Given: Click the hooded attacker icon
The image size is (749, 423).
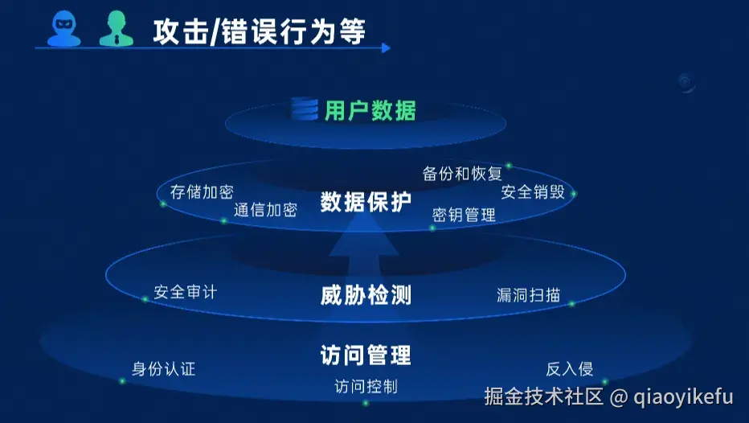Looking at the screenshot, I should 64,29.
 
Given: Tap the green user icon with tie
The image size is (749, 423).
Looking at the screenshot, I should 115,29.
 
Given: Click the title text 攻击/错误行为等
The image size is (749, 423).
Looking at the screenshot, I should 259,31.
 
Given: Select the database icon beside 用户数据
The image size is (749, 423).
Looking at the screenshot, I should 305,109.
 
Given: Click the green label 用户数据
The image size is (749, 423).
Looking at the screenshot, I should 370,110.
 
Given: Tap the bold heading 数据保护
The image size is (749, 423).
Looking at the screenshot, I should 366,202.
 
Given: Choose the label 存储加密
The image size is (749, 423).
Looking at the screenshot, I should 202,191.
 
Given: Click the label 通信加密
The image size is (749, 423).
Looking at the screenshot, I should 265,210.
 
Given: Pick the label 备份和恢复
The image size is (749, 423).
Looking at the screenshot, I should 462,173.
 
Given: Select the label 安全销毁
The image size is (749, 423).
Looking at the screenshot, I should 533,191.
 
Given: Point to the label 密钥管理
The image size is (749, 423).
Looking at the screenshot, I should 464,215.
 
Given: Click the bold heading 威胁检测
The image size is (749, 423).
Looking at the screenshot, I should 366,295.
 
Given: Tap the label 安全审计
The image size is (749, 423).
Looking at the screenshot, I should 185,291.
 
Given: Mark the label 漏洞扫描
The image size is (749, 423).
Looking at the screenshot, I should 529,295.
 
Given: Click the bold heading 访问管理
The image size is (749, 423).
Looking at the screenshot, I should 366,355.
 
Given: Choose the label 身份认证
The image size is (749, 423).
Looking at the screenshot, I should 164,369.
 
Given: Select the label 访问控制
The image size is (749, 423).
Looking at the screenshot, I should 366,387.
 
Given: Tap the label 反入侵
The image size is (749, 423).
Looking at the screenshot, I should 570,369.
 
